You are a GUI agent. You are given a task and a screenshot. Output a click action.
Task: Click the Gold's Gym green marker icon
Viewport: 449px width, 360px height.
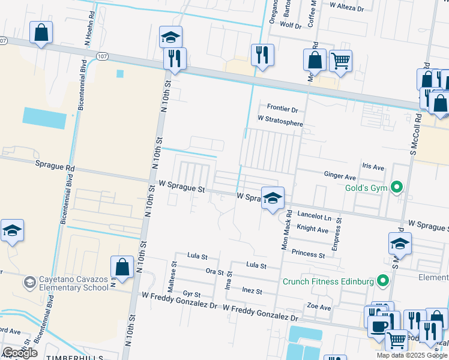pos(396,188)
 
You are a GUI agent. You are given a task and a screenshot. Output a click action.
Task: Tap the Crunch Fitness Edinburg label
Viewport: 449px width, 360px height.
pos(328,281)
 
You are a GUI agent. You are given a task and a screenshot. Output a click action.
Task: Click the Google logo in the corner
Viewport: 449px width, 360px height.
pos(20,353)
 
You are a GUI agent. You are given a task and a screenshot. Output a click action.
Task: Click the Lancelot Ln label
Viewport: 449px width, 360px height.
pos(315,215)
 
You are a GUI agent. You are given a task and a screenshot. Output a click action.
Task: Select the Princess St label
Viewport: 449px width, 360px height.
pos(308,254)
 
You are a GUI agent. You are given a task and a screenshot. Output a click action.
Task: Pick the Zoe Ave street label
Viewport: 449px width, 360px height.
pos(319,307)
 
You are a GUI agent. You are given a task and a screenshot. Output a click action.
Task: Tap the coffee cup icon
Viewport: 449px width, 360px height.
pos(378,326)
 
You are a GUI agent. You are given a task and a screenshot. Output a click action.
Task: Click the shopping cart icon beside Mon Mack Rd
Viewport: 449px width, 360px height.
pos(340,61)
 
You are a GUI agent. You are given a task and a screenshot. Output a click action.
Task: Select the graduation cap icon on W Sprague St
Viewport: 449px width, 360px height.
pos(273,197)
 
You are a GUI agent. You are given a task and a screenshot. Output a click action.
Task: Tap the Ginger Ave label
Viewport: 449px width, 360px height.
pos(340,176)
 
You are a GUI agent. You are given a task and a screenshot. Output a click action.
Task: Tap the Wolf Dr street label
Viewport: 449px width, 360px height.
pos(291,26)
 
